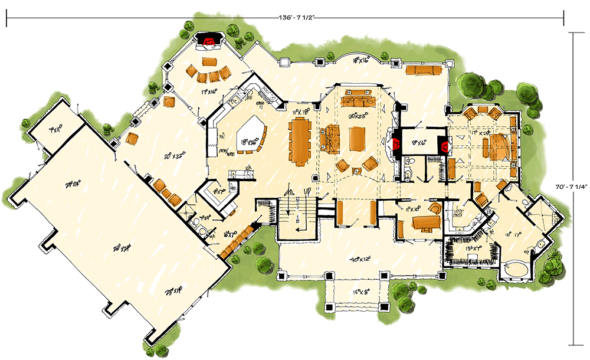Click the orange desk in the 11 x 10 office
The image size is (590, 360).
pyautogui.click(x=425, y=222)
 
